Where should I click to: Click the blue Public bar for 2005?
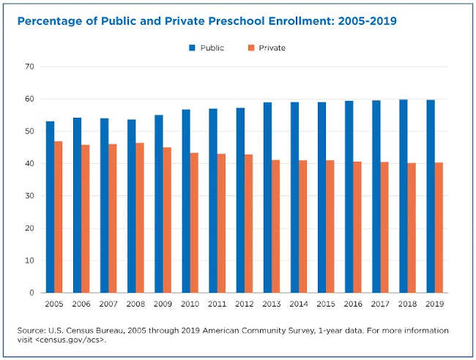(x=50, y=207)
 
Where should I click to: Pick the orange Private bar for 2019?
(x=437, y=228)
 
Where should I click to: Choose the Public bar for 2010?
(x=186, y=201)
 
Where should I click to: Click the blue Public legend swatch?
(x=192, y=48)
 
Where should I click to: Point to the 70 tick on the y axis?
(x=29, y=67)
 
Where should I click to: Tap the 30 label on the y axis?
(x=29, y=196)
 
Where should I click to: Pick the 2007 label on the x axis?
(x=108, y=303)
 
